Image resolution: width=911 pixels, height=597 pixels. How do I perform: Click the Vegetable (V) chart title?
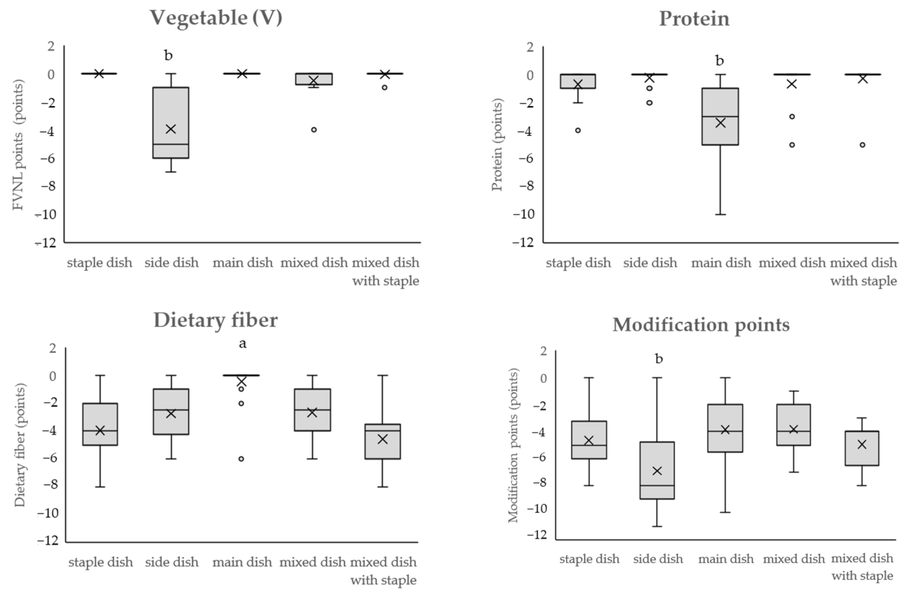216,18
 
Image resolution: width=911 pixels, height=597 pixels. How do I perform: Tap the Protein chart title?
694,19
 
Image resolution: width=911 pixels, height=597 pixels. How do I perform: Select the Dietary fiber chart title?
216,320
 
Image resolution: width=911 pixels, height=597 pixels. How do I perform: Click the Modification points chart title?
701,325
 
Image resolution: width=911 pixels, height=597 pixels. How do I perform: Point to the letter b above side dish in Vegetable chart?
169,56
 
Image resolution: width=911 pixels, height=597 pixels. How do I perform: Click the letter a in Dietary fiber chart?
243,343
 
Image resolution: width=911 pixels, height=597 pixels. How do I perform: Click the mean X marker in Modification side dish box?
657,471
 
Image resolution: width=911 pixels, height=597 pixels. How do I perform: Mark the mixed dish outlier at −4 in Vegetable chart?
314,130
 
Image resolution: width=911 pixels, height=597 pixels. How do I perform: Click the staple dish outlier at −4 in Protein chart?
578,130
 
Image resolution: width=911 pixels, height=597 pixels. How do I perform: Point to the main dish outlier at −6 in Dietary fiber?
242,459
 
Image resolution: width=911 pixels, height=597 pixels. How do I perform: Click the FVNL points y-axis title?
18,145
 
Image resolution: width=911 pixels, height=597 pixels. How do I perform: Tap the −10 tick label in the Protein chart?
524,214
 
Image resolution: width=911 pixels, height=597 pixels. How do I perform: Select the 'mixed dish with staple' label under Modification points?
862,567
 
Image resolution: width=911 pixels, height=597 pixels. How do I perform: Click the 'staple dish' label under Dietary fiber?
101,562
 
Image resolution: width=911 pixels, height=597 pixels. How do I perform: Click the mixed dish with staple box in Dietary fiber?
383,441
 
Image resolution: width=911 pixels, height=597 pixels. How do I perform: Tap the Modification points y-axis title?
513,445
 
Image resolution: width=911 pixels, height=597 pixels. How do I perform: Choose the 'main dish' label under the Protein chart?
721,263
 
